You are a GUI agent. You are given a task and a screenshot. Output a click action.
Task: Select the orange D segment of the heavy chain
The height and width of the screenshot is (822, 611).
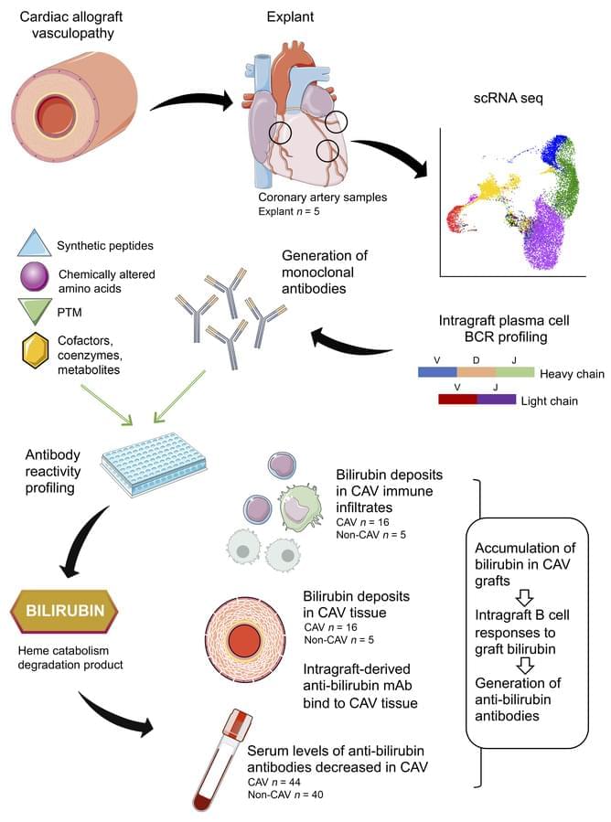pos(476,373)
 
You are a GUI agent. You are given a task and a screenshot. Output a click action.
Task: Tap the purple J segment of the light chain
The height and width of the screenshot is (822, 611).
pos(497,400)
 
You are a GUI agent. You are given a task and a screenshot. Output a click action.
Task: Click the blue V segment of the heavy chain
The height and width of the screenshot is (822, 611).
pos(437,373)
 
